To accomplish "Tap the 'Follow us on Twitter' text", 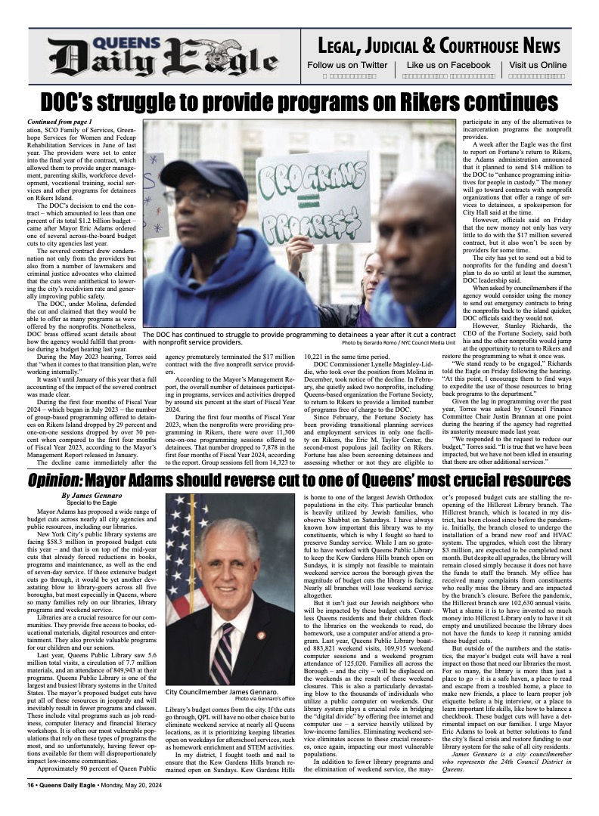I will (x=347, y=66).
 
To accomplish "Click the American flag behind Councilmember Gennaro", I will (x=186, y=559).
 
